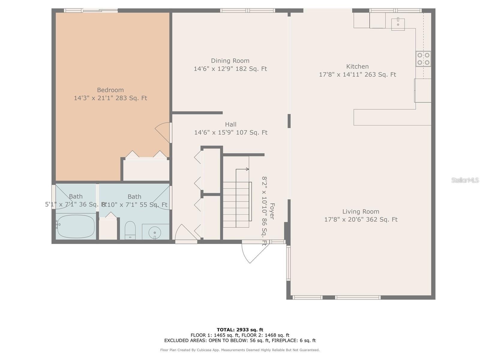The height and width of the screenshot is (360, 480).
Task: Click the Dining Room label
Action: point(230,61)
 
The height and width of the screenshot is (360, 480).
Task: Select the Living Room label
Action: point(361,211)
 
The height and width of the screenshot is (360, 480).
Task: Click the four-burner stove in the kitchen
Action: point(423,59)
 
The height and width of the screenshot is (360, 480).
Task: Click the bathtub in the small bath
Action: point(76,226)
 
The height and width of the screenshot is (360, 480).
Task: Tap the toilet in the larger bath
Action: point(130,230)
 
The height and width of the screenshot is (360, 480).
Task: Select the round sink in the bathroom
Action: point(155,232)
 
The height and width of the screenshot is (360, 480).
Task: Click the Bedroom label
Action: point(110,90)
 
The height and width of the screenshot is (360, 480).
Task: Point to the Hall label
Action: point(231,124)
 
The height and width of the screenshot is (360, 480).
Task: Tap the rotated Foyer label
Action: point(272,211)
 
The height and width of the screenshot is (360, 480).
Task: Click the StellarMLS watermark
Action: point(465,180)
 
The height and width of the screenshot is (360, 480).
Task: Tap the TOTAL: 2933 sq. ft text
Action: point(240,330)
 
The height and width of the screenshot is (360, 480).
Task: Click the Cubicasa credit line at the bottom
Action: point(240,350)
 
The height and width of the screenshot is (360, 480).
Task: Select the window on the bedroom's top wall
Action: point(91,10)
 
